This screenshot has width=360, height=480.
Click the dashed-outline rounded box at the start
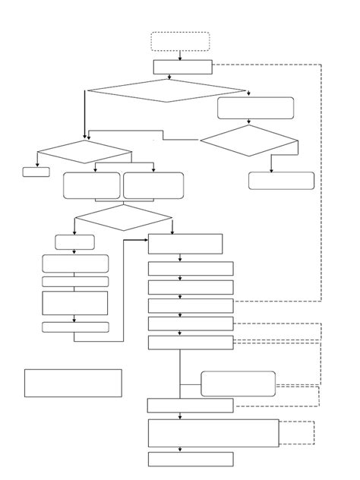tap(180, 41)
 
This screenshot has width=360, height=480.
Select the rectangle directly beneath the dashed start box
tap(182, 67)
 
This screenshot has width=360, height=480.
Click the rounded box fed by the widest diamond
tap(255, 108)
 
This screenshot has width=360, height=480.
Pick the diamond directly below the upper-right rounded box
tap(250, 141)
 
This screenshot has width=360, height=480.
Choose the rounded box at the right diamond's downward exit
tap(281, 181)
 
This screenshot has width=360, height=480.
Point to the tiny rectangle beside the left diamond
tap(36, 172)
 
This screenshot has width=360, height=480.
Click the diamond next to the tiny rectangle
tap(84, 153)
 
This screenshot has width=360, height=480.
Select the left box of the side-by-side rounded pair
tap(91, 185)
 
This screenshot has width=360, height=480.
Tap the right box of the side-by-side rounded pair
tap(153, 185)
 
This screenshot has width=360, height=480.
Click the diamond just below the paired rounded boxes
tap(124, 217)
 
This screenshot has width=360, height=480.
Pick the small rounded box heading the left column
tap(74, 242)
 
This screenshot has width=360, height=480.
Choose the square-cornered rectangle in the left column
tap(74, 302)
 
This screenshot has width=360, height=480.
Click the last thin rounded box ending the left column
tap(74, 327)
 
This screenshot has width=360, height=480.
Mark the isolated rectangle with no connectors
tap(73, 383)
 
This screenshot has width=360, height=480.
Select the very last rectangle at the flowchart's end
tap(190, 459)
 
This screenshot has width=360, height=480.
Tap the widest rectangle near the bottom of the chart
tap(213, 433)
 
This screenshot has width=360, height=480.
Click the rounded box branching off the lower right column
tap(238, 384)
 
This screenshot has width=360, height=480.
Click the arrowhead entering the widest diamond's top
tap(169, 77)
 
